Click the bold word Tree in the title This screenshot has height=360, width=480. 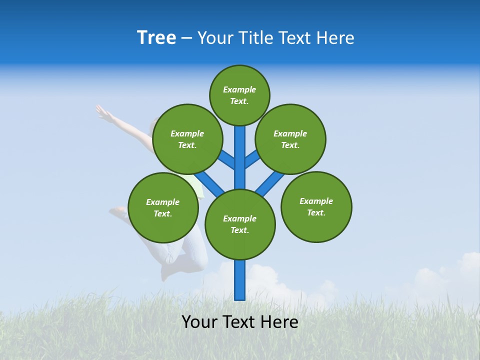(x=156, y=37)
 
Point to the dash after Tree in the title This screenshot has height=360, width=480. (x=186, y=38)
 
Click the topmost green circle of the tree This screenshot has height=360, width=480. (x=239, y=95)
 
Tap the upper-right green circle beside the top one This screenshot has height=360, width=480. (x=290, y=139)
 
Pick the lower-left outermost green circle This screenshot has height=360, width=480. (x=163, y=207)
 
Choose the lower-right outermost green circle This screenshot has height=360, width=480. (x=316, y=206)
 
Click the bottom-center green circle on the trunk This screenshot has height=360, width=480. (x=240, y=224)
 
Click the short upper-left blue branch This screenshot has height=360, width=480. (x=227, y=160)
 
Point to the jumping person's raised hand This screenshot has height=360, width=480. (x=103, y=113)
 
